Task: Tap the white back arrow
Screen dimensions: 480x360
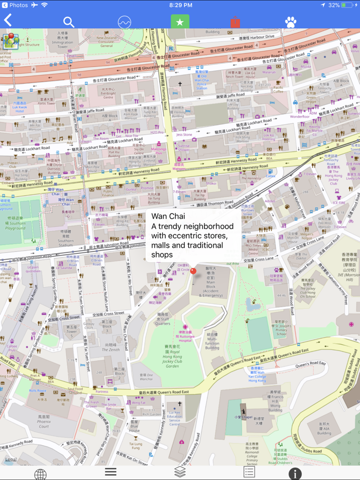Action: point(8,20)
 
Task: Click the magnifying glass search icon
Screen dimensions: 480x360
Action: point(68,22)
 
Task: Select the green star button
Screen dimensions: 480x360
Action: point(179,22)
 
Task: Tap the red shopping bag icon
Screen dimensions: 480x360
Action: point(235,22)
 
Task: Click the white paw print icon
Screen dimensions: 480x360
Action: point(291,22)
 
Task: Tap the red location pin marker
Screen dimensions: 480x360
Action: point(193,271)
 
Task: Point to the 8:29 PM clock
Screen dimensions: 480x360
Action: point(180,5)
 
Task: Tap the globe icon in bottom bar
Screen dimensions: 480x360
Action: point(40,473)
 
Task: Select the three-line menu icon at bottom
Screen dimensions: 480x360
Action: point(111,472)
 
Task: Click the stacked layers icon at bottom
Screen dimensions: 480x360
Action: point(179,472)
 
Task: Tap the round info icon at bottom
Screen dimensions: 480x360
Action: point(295,473)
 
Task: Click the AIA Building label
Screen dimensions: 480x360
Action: point(323,429)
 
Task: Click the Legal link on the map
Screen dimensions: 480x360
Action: point(10,459)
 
